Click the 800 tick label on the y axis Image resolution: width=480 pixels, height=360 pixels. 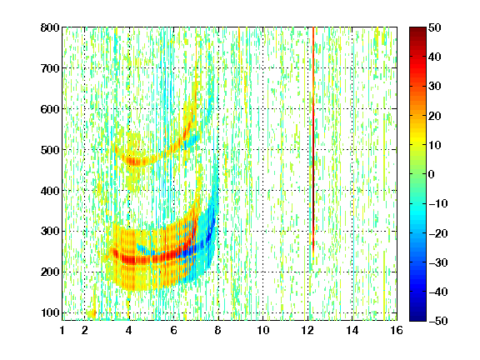(50, 27)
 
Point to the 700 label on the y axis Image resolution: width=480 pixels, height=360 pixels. (50, 68)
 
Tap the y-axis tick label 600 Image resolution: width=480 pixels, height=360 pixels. (50, 109)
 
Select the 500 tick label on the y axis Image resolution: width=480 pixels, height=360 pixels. (50, 150)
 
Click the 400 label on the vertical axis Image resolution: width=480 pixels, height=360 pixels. (50, 191)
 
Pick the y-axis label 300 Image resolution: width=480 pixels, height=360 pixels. (50, 231)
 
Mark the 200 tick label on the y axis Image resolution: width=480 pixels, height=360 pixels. (50, 272)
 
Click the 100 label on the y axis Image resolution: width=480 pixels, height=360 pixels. (50, 312)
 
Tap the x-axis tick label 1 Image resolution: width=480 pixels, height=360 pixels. (62, 330)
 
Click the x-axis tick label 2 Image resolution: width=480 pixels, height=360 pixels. (85, 330)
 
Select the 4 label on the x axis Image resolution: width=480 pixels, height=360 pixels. (129, 330)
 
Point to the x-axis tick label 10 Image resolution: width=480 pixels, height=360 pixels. (263, 330)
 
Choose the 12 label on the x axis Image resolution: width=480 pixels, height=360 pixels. (307, 330)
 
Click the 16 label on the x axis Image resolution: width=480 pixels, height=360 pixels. (397, 330)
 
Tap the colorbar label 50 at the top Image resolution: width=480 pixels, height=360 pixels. (435, 27)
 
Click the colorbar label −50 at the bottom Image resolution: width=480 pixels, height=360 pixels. (438, 321)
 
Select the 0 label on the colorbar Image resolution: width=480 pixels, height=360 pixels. (432, 174)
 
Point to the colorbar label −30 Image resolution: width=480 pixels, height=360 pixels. (438, 262)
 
